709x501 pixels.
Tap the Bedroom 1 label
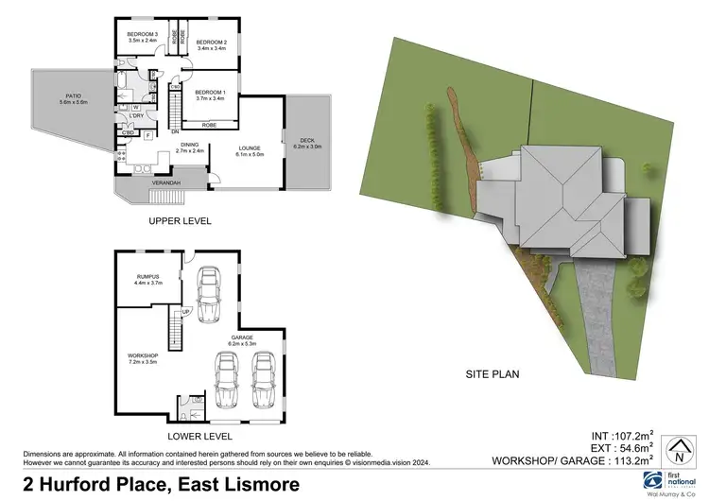click(x=211, y=93)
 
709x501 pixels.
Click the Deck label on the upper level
click(x=307, y=142)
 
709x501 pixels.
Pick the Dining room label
click(x=190, y=147)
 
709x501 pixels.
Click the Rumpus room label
click(x=150, y=279)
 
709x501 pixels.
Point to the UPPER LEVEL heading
click(x=180, y=221)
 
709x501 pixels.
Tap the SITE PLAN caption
click(x=493, y=374)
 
